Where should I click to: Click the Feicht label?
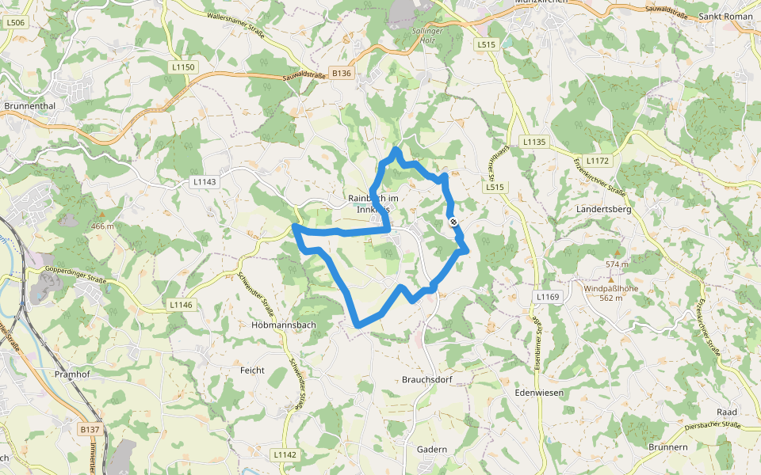click(x=252, y=370)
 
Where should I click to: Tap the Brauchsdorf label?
click(x=426, y=379)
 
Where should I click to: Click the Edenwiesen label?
click(x=538, y=393)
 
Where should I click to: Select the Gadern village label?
click(x=432, y=449)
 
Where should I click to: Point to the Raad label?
click(x=726, y=412)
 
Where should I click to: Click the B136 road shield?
click(x=342, y=73)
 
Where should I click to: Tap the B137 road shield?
click(x=90, y=429)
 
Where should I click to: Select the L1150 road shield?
click(x=183, y=67)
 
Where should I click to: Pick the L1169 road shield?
click(x=547, y=297)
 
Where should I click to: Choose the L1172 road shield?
click(x=599, y=161)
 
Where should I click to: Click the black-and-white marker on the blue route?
click(x=453, y=222)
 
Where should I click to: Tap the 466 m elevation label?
click(x=102, y=226)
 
